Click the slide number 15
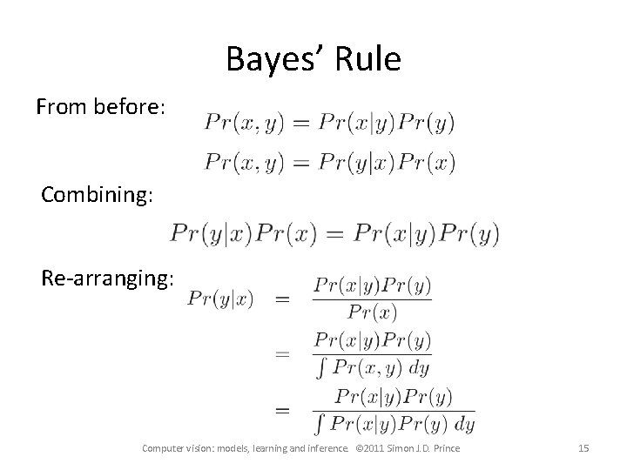(x=583, y=448)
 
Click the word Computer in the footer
(x=164, y=448)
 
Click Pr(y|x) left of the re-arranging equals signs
(x=220, y=299)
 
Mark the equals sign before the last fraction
(x=282, y=408)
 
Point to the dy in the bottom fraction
(x=464, y=425)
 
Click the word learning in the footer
(x=262, y=448)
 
